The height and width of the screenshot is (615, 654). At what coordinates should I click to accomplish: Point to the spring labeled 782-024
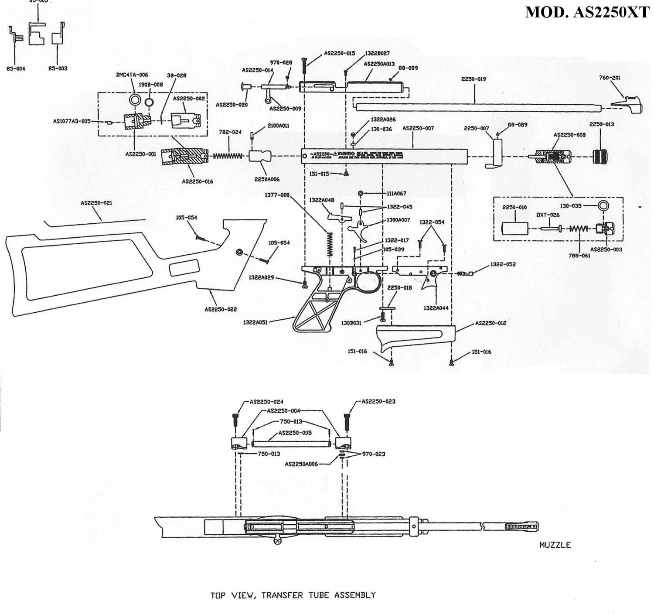(227, 156)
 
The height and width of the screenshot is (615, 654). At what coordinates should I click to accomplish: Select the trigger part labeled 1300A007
(363, 229)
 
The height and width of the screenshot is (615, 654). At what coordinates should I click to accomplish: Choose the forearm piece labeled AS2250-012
(415, 337)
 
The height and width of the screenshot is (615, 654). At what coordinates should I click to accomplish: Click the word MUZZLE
(555, 545)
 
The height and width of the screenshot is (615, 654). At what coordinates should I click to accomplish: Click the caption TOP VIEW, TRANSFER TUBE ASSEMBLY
(293, 595)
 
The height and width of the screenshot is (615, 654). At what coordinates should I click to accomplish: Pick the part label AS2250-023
(378, 401)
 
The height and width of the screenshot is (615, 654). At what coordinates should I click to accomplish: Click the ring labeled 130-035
(603, 205)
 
